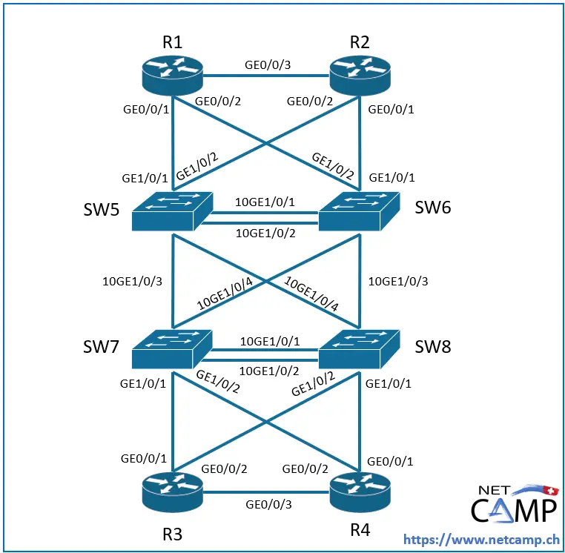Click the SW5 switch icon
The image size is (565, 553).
click(x=172, y=213)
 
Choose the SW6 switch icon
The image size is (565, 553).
click(x=360, y=213)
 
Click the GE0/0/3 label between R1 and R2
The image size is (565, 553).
click(x=267, y=64)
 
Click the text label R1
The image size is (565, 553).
click(x=173, y=42)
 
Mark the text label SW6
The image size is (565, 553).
click(x=432, y=207)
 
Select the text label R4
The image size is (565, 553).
click(x=361, y=530)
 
